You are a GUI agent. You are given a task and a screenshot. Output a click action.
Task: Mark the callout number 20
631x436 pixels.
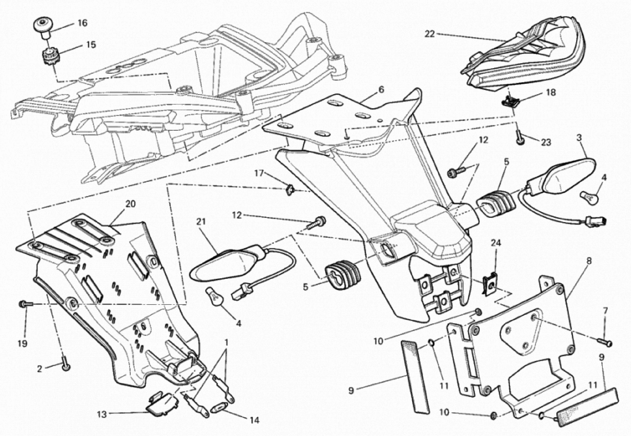pyautogui.click(x=130, y=204)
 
